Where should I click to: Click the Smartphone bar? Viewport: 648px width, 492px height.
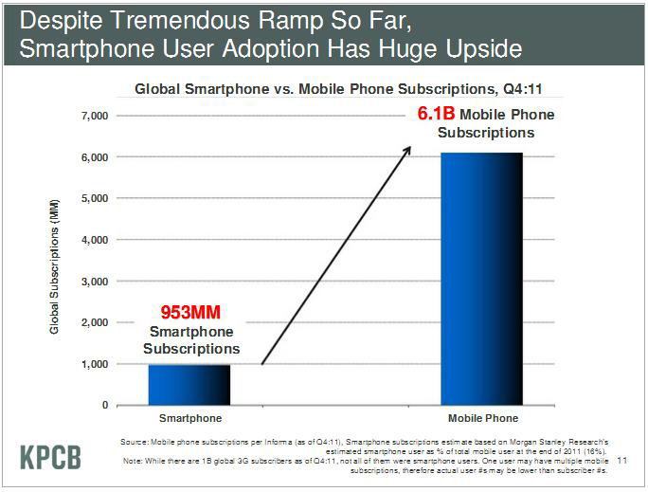[x=189, y=385]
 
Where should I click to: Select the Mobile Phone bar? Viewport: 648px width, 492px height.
[x=482, y=279]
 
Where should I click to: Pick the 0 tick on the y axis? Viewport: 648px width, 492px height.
[x=104, y=406]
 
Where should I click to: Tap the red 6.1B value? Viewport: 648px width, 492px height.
[x=438, y=115]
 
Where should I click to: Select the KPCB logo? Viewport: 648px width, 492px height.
[x=50, y=456]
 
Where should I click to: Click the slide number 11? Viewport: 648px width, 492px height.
[x=622, y=462]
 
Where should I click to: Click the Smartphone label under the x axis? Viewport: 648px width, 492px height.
[x=189, y=418]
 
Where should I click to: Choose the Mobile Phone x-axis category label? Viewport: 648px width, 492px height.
[x=482, y=418]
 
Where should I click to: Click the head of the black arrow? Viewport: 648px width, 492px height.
[x=409, y=148]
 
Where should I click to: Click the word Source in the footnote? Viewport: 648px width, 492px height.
[x=135, y=443]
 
